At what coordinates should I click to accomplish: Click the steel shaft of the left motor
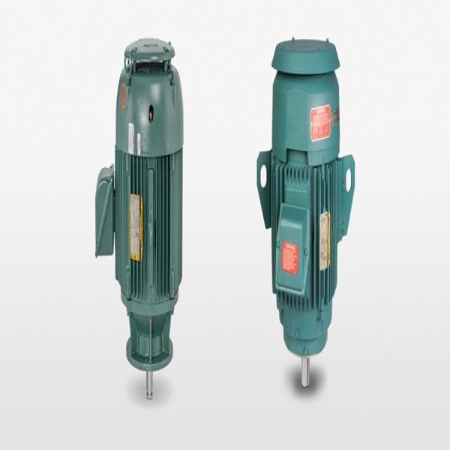point(149,383)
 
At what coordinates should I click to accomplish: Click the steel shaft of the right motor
point(304,370)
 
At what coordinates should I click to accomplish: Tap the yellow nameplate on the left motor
point(136,226)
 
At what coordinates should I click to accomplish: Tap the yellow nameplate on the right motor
point(325,240)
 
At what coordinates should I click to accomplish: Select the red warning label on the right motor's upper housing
point(320,122)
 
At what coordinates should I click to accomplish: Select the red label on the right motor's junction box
point(289,257)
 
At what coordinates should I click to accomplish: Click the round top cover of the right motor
point(305,55)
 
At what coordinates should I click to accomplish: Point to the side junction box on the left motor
point(105,211)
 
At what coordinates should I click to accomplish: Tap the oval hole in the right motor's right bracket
point(348,180)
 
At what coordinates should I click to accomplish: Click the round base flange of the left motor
point(149,353)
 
